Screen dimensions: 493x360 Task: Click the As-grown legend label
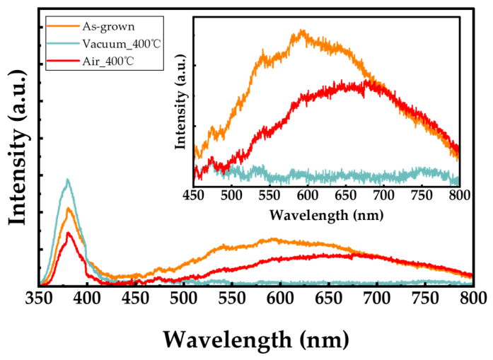pyautogui.click(x=108, y=27)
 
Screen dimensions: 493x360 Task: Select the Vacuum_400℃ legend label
pyautogui.click(x=122, y=44)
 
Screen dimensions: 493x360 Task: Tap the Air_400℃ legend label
pyautogui.click(x=108, y=61)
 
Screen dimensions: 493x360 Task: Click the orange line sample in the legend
pyautogui.click(x=63, y=25)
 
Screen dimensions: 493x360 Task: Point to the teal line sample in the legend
pyautogui.click(x=63, y=43)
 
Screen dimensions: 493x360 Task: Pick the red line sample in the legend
pyautogui.click(x=63, y=60)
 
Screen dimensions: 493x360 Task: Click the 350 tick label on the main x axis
pyautogui.click(x=39, y=298)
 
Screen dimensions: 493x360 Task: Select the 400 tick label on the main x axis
pyautogui.click(x=87, y=298)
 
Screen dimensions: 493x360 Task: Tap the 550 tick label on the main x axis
pyautogui.click(x=232, y=298)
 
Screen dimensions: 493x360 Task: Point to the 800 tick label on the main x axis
pyautogui.click(x=473, y=298)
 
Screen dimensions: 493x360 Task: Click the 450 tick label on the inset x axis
pyautogui.click(x=194, y=196)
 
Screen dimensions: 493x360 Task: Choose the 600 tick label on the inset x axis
pyautogui.click(x=308, y=196)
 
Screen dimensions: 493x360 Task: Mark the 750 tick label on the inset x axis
pyautogui.click(x=422, y=196)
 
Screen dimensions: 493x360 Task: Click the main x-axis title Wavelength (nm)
pyautogui.click(x=256, y=340)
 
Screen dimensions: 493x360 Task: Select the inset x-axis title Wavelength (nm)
pyautogui.click(x=326, y=216)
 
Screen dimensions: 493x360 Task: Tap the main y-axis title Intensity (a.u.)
pyautogui.click(x=18, y=147)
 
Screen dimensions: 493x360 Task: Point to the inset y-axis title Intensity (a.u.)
pyautogui.click(x=180, y=102)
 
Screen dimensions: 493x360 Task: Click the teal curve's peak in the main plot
pyautogui.click(x=67, y=180)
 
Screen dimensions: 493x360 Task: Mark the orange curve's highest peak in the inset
pyautogui.click(x=302, y=30)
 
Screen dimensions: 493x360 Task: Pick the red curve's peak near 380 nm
pyautogui.click(x=69, y=233)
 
